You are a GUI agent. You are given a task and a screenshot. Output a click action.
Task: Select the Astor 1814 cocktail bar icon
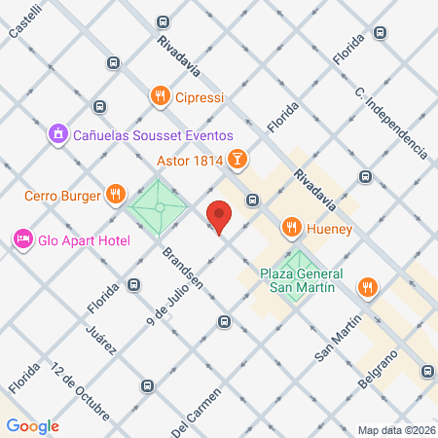point(237,159)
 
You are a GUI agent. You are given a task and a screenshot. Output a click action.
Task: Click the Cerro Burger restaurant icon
point(116,195)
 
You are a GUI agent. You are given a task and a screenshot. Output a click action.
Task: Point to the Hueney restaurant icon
point(290,228)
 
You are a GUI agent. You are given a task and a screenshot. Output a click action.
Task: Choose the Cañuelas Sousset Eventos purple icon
point(58,131)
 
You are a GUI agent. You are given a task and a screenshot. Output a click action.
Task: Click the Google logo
point(32,425)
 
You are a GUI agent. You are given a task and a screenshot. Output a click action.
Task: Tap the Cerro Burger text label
point(64,196)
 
